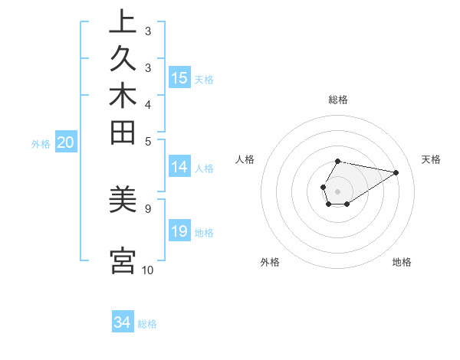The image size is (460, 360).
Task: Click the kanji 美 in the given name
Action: [x=122, y=201]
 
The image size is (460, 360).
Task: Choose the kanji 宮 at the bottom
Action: [x=122, y=261]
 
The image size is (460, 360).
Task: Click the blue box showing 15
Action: [x=179, y=78]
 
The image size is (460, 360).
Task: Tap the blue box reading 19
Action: [x=179, y=232]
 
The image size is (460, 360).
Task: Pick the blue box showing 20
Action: [x=65, y=142]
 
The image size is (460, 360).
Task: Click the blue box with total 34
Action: [x=122, y=322]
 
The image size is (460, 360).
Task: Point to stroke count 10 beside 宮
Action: [x=147, y=270]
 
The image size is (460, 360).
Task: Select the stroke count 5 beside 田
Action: [x=147, y=141]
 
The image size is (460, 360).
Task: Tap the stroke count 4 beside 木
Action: [x=147, y=104]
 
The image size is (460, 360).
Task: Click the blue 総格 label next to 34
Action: [x=147, y=324]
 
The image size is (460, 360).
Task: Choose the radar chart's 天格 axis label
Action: [x=432, y=159]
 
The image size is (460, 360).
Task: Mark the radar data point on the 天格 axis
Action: [x=396, y=172]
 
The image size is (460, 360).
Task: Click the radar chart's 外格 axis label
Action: [x=270, y=262]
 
